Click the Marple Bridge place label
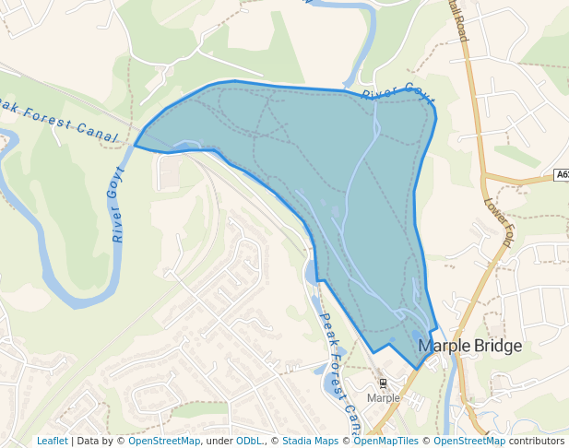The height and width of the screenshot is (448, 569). point(469,346)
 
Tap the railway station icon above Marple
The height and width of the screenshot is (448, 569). point(383,383)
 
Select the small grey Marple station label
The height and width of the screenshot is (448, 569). point(384,398)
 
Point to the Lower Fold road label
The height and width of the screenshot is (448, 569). point(497,223)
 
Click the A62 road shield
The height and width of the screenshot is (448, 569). point(562,175)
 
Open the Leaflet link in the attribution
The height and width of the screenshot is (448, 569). point(52,441)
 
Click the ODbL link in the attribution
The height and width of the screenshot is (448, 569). point(248,441)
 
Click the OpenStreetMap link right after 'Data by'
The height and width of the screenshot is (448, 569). point(164,441)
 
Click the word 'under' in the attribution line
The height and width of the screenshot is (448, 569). point(219,441)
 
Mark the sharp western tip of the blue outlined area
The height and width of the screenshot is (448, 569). point(136,146)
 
